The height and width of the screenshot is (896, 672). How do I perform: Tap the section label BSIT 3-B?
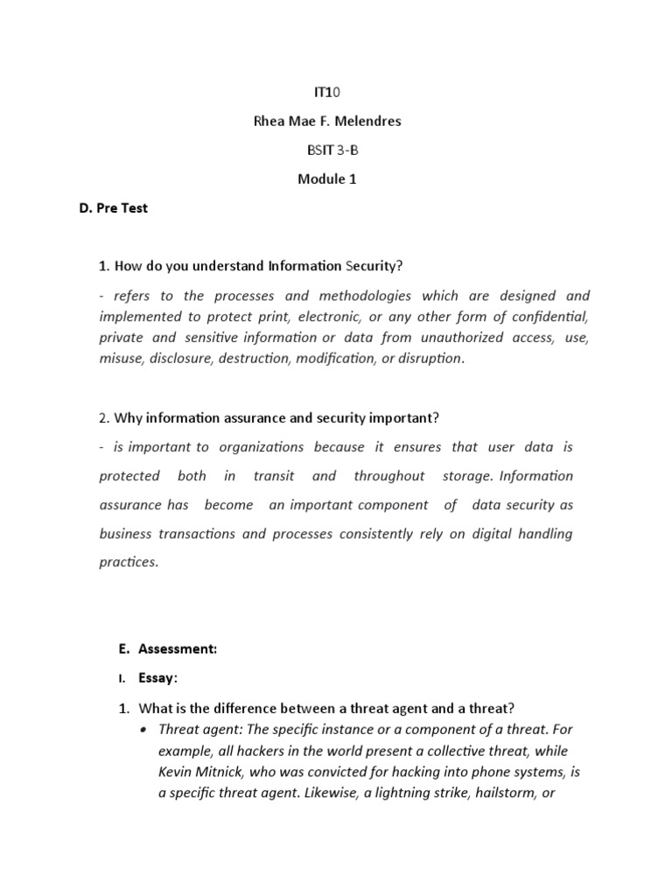[329, 150]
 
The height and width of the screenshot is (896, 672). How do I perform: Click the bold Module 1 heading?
[328, 179]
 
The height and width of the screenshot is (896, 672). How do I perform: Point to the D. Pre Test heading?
[113, 209]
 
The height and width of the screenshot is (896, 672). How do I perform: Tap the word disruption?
[429, 359]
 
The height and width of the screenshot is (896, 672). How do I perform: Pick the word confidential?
[549, 317]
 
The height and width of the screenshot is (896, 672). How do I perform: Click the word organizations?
[262, 447]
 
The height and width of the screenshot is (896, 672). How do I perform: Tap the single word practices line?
[129, 563]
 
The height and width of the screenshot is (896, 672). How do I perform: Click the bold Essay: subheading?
[158, 677]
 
